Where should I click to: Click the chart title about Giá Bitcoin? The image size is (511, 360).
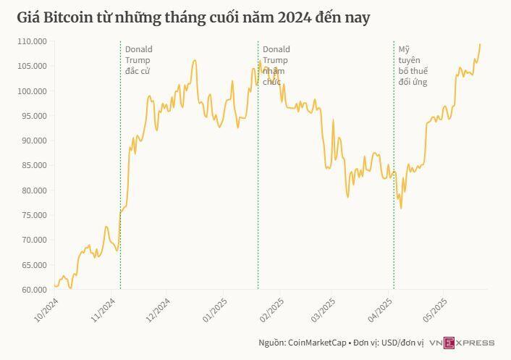coord(193,18)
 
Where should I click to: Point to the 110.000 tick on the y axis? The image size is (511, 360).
coord(33,41)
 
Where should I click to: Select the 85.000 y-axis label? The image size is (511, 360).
coord(33,165)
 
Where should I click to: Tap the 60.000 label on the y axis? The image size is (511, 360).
coord(33,290)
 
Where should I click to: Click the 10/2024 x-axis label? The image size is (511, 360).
coord(46,310)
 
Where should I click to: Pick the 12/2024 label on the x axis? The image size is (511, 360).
coord(158,310)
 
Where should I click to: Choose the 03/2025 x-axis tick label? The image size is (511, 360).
coord(323,310)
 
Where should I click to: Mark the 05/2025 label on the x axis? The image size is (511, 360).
coord(435,310)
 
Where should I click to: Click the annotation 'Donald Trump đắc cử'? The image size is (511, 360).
coord(139,60)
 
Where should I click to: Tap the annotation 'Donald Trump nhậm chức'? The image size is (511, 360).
coord(276,65)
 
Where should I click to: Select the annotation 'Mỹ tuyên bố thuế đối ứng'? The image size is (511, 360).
coord(413,65)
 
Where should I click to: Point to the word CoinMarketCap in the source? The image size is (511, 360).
coord(317,343)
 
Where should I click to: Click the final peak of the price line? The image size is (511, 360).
coord(480,44)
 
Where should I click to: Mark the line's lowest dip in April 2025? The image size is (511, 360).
coord(401,209)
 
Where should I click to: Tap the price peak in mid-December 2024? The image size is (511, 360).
coord(195,60)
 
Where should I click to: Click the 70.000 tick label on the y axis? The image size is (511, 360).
coord(33,240)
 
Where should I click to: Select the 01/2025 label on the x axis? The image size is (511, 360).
coord(215,310)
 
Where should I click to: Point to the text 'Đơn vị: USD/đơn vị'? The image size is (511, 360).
coord(389,343)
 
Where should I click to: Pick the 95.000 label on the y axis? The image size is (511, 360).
coord(33,116)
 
